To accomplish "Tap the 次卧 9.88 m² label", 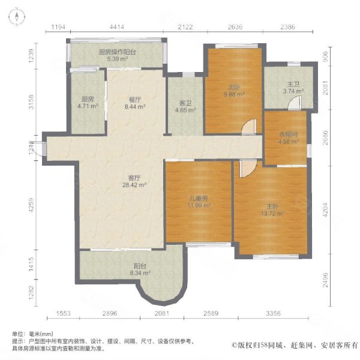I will [233, 90].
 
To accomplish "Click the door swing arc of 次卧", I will [248, 127].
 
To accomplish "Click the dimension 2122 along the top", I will [185, 26].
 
